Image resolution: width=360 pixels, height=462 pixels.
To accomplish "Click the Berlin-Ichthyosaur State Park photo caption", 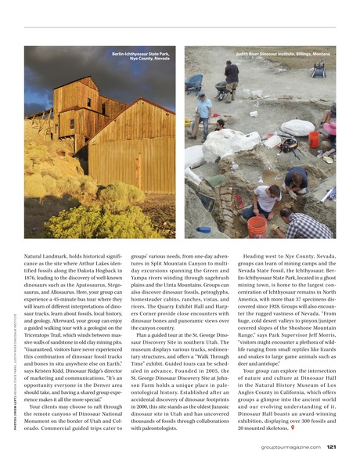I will point(142,56).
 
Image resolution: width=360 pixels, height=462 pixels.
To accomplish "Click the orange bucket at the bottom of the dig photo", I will point(257,226).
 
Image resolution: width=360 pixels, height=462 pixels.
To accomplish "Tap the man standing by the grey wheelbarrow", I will point(231,78).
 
